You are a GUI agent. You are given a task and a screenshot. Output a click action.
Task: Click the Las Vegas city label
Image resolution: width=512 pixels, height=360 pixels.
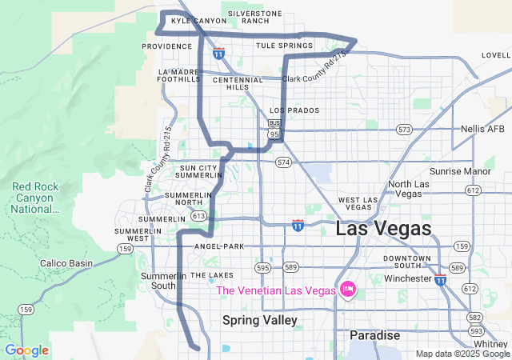(x=383, y=229)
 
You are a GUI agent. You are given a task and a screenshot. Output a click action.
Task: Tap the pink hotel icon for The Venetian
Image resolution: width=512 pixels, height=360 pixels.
(x=347, y=290)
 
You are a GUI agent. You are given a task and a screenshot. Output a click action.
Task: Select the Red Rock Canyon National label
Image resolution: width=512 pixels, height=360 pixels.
(x=34, y=198)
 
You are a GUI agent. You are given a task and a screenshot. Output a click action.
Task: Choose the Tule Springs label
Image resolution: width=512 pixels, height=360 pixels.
(x=284, y=46)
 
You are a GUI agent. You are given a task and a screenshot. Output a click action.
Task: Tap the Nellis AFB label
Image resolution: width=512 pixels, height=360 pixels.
(x=483, y=129)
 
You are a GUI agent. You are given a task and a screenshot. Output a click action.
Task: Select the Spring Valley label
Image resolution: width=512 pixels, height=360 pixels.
(x=259, y=320)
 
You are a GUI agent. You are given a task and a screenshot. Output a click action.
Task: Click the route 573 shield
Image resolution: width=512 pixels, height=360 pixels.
(x=404, y=129)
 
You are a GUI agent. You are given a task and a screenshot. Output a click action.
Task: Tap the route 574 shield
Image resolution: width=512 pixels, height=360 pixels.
(x=283, y=162)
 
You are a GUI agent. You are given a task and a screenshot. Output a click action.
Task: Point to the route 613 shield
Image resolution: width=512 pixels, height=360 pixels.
(x=198, y=216)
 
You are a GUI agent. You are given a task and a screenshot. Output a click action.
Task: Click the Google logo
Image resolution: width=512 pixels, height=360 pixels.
(x=26, y=350)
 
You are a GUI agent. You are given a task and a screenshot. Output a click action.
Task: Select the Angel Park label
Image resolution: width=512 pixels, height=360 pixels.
(x=218, y=246)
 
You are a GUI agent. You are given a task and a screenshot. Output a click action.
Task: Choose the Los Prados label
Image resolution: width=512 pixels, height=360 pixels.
(x=294, y=110)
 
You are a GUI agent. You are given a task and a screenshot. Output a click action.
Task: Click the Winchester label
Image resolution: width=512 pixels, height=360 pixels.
(x=408, y=278)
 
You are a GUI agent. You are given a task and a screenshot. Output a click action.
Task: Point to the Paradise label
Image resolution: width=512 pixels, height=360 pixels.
(x=374, y=335)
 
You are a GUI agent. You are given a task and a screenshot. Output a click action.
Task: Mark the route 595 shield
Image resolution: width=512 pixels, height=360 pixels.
(x=263, y=267)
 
